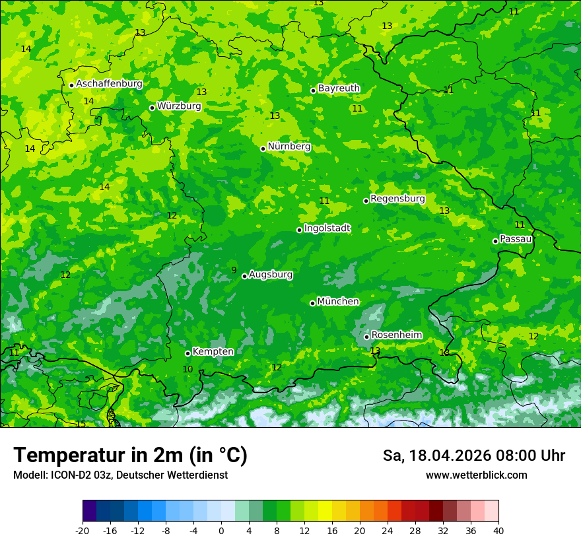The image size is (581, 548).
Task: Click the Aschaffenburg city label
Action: coord(109,84)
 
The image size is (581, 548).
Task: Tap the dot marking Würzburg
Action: coord(152,108)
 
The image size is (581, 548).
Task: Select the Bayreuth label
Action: coord(339,88)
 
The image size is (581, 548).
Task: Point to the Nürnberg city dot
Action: coord(263,149)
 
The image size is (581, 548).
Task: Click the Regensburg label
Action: coord(397,199)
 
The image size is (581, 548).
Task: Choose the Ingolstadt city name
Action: coord(327,228)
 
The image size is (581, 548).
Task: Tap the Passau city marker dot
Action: coord(495,241)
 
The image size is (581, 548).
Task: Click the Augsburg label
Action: coord(271,275)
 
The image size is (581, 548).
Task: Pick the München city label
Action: coord(338,302)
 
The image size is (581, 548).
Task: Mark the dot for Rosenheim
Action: coord(366,337)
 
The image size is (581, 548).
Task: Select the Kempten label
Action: coord(213,352)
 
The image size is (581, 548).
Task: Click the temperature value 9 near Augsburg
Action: coord(234,270)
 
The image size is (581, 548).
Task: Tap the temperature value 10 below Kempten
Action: coord(188,369)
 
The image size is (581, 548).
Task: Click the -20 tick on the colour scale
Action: coord(83,530)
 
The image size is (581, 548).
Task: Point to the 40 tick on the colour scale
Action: coord(498,530)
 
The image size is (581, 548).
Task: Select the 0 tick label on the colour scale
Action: coord(221,530)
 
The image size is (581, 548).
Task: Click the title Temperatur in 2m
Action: coord(130,455)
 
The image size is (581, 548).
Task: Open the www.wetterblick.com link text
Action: coord(476,475)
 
